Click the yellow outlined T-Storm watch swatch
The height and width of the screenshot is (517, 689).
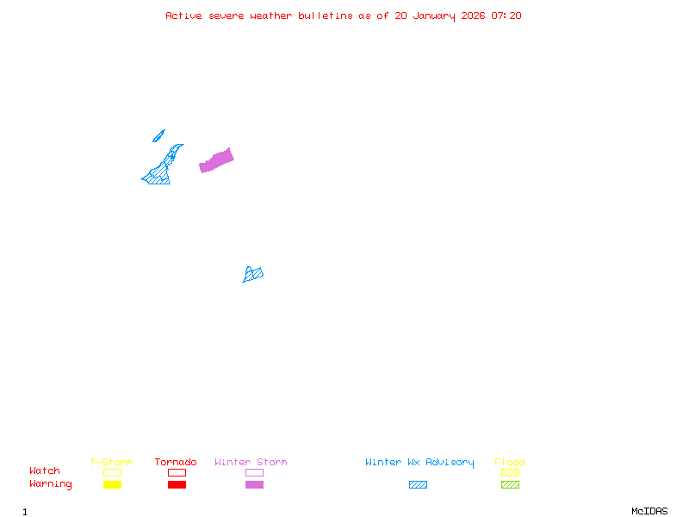pyautogui.click(x=112, y=472)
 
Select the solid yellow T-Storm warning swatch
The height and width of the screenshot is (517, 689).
pyautogui.click(x=112, y=485)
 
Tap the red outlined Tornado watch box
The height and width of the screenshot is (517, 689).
pyautogui.click(x=177, y=472)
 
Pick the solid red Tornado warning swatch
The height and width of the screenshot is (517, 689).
pyautogui.click(x=177, y=485)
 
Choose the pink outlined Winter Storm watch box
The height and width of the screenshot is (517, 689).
pyautogui.click(x=254, y=472)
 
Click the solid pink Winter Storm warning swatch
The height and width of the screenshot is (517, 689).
pyautogui.click(x=254, y=485)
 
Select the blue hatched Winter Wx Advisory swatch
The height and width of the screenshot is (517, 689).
pyautogui.click(x=418, y=485)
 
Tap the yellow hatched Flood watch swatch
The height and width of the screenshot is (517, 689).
pyautogui.click(x=510, y=472)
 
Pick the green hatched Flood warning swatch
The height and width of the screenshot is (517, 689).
pyautogui.click(x=510, y=485)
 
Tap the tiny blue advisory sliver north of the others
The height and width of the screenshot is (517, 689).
pyautogui.click(x=158, y=135)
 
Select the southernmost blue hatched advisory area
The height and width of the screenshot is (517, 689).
pyautogui.click(x=252, y=275)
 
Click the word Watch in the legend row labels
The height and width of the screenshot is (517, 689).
pyautogui.click(x=45, y=471)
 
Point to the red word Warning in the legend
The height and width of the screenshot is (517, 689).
pyautogui.click(x=51, y=484)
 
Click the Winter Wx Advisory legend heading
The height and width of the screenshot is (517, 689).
pyautogui.click(x=419, y=463)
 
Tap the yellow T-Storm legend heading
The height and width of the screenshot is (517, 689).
pyautogui.click(x=111, y=463)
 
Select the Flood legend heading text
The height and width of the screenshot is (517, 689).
pyautogui.click(x=510, y=463)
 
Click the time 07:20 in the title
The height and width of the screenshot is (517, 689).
pyautogui.click(x=506, y=16)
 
